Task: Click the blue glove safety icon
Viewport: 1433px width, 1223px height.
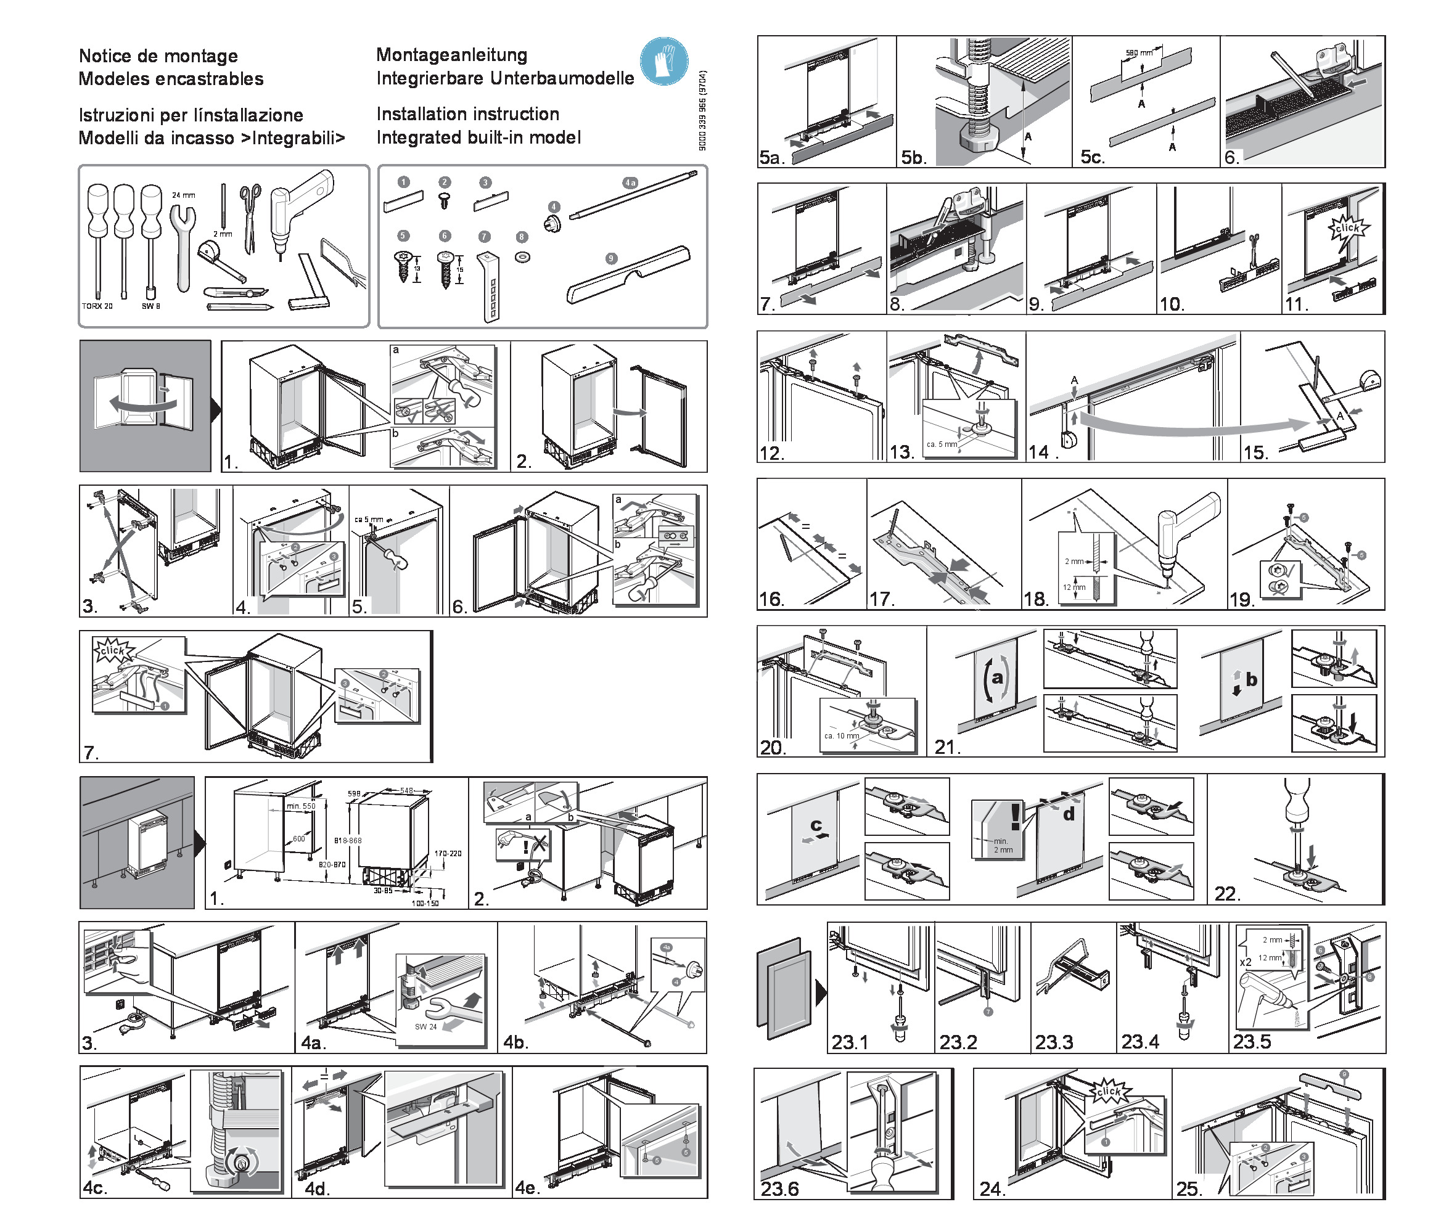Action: point(664,62)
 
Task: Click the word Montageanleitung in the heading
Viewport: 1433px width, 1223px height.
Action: point(451,55)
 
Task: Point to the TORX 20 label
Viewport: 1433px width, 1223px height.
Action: point(97,306)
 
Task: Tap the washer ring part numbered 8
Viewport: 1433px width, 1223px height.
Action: point(522,258)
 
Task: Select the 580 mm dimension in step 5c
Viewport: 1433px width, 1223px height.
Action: point(1139,53)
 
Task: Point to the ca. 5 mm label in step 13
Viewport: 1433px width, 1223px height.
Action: point(942,444)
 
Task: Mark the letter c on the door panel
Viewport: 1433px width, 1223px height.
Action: point(816,825)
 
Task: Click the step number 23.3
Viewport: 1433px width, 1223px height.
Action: point(1054,1042)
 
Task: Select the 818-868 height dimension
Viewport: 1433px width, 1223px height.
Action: point(348,841)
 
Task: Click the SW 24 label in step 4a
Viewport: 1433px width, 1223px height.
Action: point(425,1026)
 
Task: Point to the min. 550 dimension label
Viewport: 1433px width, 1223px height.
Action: point(301,807)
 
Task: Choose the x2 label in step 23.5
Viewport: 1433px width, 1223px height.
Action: point(1246,962)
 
